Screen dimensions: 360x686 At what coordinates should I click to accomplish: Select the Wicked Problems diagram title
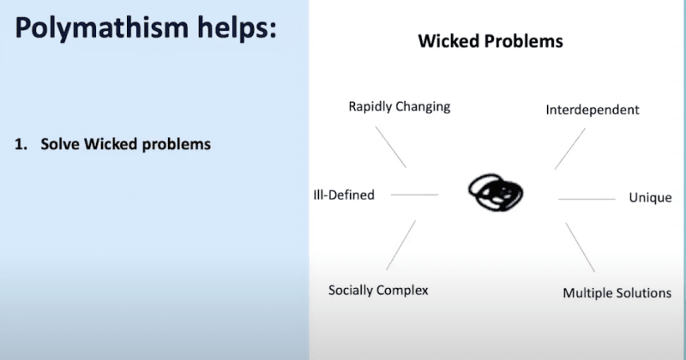(x=490, y=41)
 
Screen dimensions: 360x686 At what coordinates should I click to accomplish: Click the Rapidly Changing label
(x=399, y=107)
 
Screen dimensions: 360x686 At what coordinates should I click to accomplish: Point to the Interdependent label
(x=593, y=111)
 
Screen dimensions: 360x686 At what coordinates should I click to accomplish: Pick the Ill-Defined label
(x=344, y=195)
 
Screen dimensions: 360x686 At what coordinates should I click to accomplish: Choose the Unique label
(x=650, y=198)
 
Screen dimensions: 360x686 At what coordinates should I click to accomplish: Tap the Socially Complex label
(x=378, y=291)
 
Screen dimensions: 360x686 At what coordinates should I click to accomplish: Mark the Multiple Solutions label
(x=617, y=293)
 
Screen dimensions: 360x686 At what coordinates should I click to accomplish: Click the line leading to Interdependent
(x=570, y=147)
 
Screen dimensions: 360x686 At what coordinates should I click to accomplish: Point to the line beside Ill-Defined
(x=414, y=195)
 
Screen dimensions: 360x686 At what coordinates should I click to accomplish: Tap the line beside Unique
(x=587, y=199)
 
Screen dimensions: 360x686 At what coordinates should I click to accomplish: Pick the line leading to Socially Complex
(x=400, y=245)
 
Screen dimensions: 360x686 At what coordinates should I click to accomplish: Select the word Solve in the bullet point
(x=59, y=144)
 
